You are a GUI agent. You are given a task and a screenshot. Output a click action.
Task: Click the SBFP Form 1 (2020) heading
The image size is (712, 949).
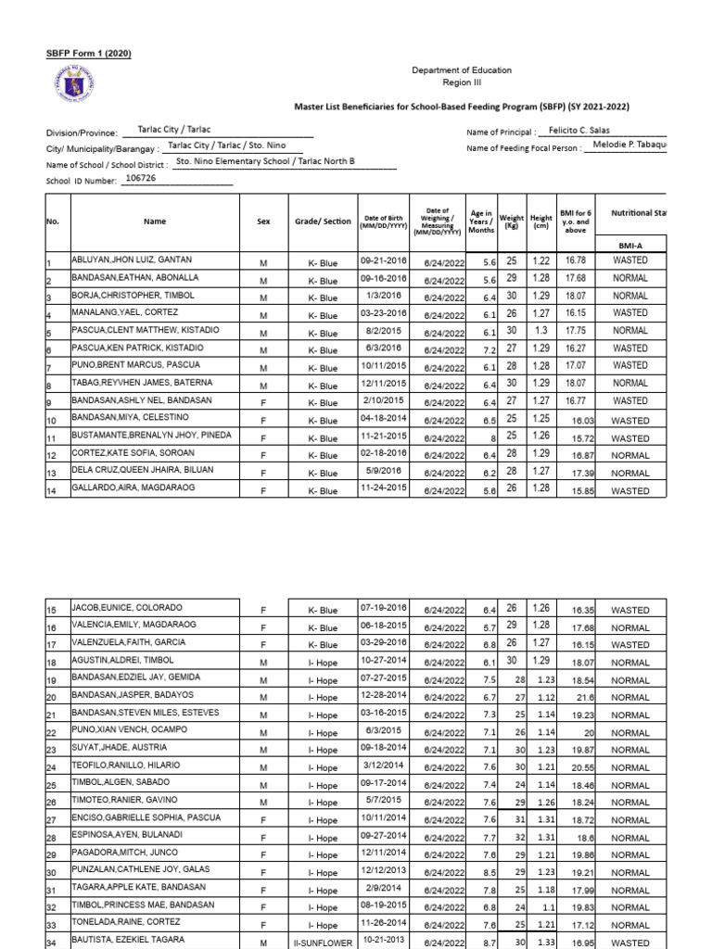(x=89, y=53)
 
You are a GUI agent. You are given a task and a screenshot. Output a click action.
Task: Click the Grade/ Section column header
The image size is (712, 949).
(x=323, y=221)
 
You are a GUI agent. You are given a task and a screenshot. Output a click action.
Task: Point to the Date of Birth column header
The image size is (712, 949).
(x=385, y=221)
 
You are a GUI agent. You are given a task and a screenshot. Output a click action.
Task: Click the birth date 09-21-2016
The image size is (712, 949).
(x=384, y=261)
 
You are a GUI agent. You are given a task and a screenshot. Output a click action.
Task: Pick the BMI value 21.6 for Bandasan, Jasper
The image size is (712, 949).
(x=585, y=697)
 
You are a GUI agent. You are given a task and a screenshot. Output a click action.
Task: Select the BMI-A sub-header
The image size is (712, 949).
(x=630, y=247)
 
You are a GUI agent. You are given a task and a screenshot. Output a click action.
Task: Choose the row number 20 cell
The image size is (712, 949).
(x=52, y=697)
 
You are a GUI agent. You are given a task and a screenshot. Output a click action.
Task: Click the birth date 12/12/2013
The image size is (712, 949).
(x=384, y=872)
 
